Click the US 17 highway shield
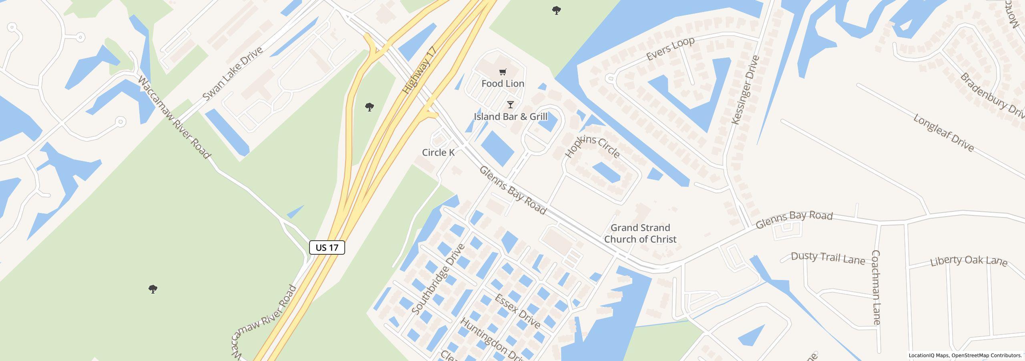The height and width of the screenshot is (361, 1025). [x=327, y=247]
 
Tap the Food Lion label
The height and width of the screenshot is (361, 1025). [x=502, y=83]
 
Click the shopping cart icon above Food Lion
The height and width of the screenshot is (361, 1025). [x=502, y=72]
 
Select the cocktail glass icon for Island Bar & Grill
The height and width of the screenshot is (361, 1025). [x=510, y=105]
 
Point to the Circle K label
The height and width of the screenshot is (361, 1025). [x=438, y=152]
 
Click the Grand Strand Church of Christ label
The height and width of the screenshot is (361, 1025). [x=640, y=233]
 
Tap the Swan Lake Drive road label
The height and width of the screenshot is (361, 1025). [x=233, y=74]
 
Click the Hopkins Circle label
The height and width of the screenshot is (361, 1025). [x=593, y=146]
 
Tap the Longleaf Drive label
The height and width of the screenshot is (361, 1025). [x=943, y=133]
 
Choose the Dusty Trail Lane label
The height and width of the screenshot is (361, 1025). [x=828, y=258]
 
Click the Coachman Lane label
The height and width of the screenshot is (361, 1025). [x=876, y=287]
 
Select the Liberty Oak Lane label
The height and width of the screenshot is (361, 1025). [x=968, y=261]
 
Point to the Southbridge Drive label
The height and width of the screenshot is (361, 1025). [x=438, y=279]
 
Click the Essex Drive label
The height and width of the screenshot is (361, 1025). [x=517, y=311]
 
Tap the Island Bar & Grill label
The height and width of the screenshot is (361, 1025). [x=510, y=117]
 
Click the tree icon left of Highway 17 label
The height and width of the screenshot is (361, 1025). [x=370, y=107]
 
